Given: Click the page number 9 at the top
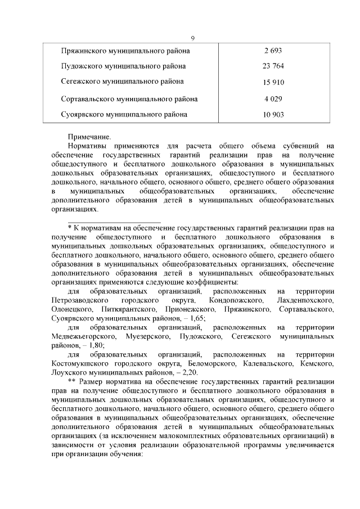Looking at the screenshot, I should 192,38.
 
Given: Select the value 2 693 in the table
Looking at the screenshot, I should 273,51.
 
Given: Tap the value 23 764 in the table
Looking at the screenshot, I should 273,66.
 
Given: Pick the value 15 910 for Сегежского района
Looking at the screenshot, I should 273,83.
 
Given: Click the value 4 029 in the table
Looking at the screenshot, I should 273,99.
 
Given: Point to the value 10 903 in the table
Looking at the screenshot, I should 273,115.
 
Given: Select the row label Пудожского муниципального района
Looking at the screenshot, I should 123,66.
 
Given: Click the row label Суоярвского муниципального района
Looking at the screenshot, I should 124,115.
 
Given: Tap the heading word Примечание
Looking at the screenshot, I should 89,137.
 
